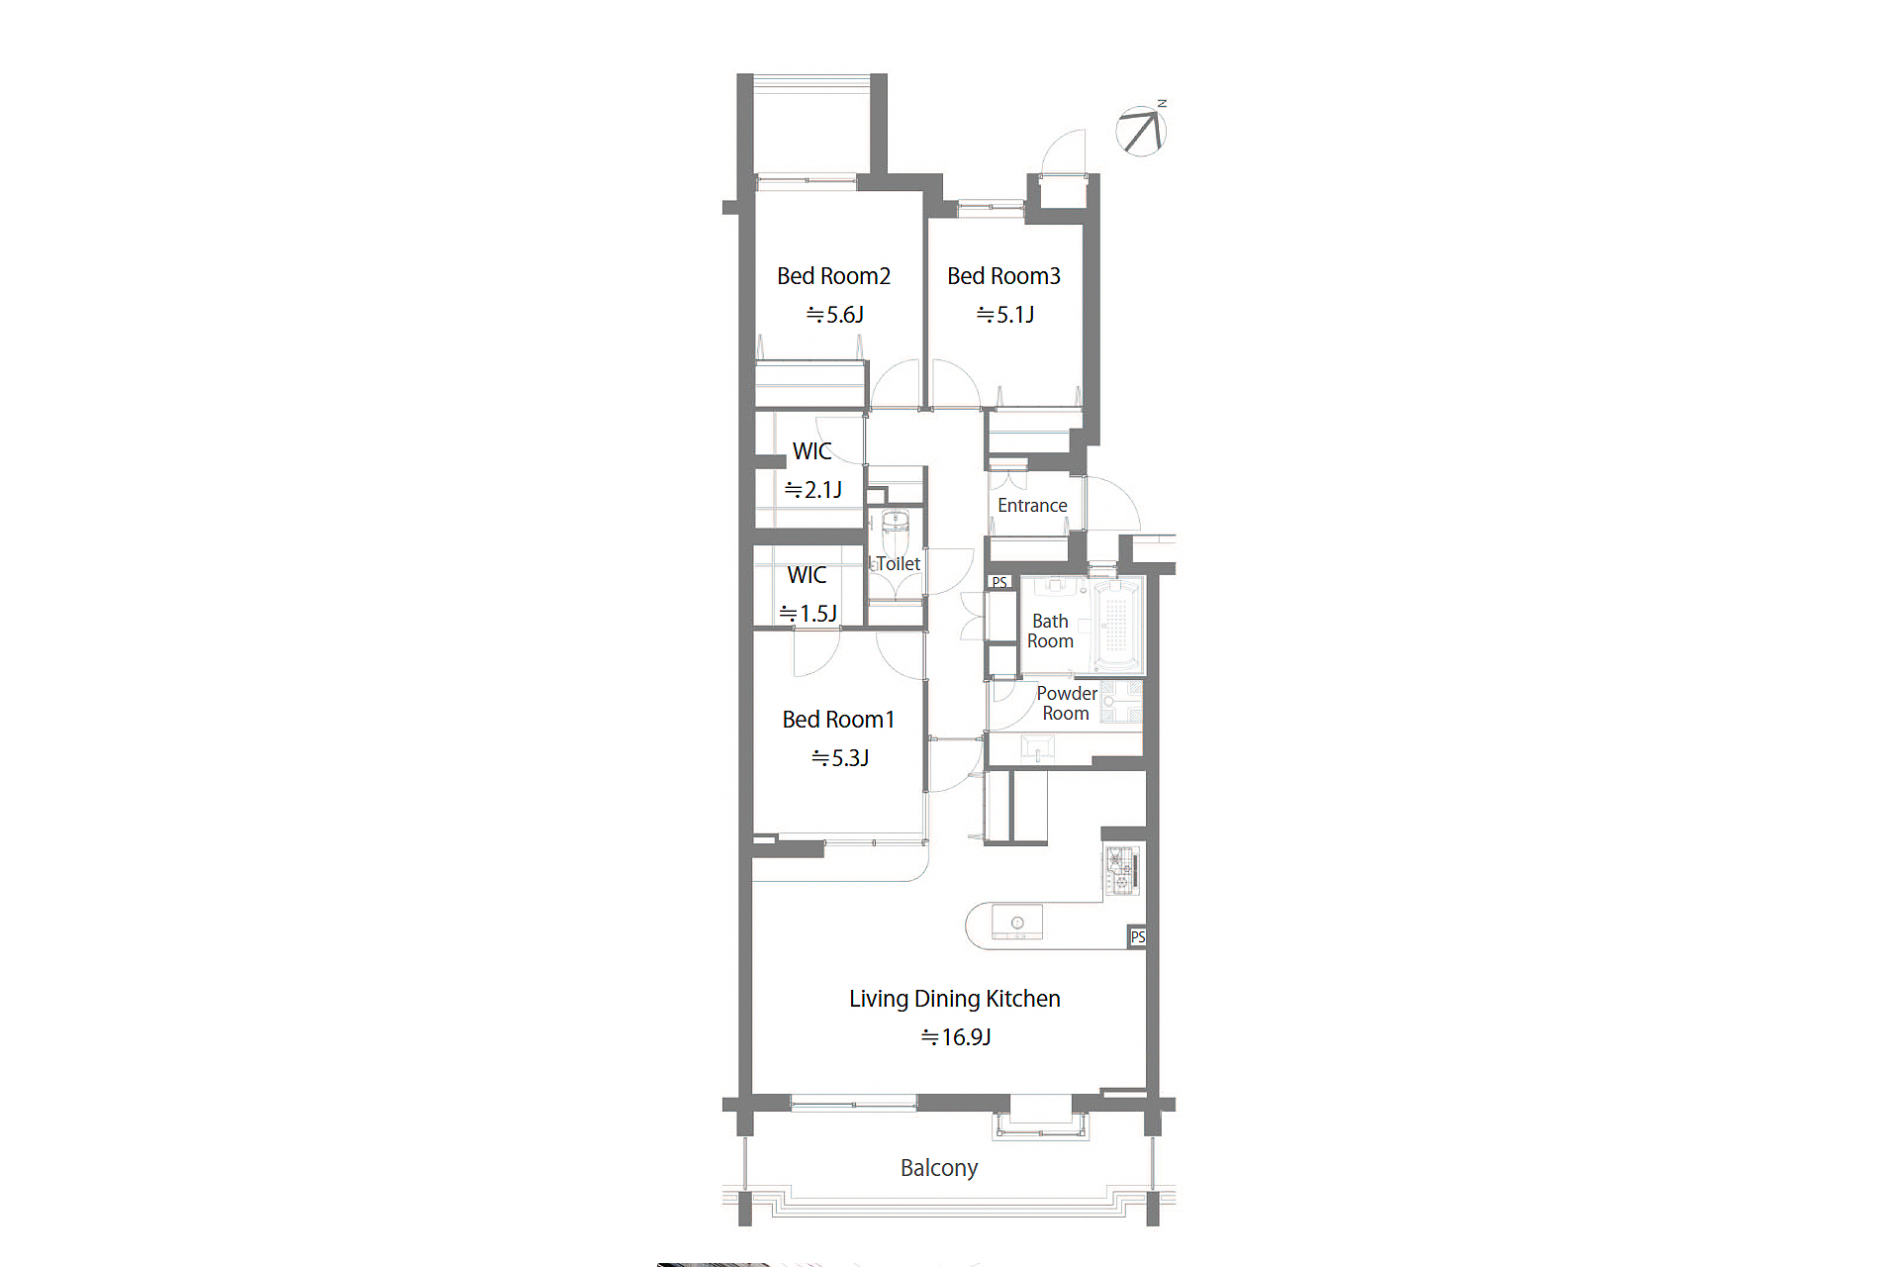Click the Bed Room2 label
click(833, 276)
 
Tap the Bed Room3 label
click(1003, 276)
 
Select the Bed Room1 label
click(838, 720)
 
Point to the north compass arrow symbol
click(1141, 131)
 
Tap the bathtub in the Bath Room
click(1117, 625)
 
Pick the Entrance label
click(1032, 506)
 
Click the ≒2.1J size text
click(812, 490)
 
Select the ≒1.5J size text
click(807, 614)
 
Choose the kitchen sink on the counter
click(1017, 923)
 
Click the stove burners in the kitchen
click(1121, 871)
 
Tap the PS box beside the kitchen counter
click(1138, 937)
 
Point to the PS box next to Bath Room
click(999, 583)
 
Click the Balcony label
click(939, 1168)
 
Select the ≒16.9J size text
click(956, 1037)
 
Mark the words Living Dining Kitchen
click(955, 999)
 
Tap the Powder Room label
click(1067, 704)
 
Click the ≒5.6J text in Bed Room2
click(834, 315)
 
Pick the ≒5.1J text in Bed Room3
click(1004, 315)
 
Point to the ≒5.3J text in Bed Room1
click(840, 758)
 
